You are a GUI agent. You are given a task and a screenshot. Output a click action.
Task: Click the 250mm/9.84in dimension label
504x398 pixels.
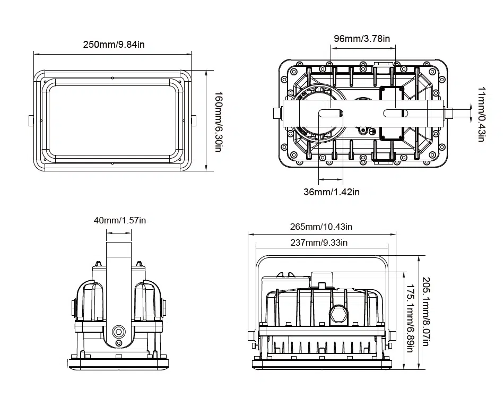[x=114, y=45]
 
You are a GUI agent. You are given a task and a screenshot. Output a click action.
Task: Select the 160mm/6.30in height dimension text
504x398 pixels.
[x=219, y=122]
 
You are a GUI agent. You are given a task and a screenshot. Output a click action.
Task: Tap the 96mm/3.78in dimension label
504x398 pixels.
[x=362, y=39]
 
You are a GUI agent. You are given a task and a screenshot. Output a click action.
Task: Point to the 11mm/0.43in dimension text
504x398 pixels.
[x=481, y=114]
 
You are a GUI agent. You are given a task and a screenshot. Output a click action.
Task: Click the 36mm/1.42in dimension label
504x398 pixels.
[x=332, y=192]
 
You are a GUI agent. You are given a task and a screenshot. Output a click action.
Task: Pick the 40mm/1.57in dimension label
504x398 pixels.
[x=120, y=221]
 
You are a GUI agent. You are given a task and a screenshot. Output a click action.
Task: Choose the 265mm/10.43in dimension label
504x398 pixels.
[x=321, y=227]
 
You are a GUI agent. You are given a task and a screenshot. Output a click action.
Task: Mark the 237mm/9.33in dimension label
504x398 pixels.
[x=319, y=243]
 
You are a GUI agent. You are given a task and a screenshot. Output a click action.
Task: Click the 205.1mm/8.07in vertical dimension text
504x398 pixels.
[x=426, y=312]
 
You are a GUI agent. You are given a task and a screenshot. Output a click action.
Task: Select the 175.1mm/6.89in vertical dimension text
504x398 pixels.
[x=410, y=318]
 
